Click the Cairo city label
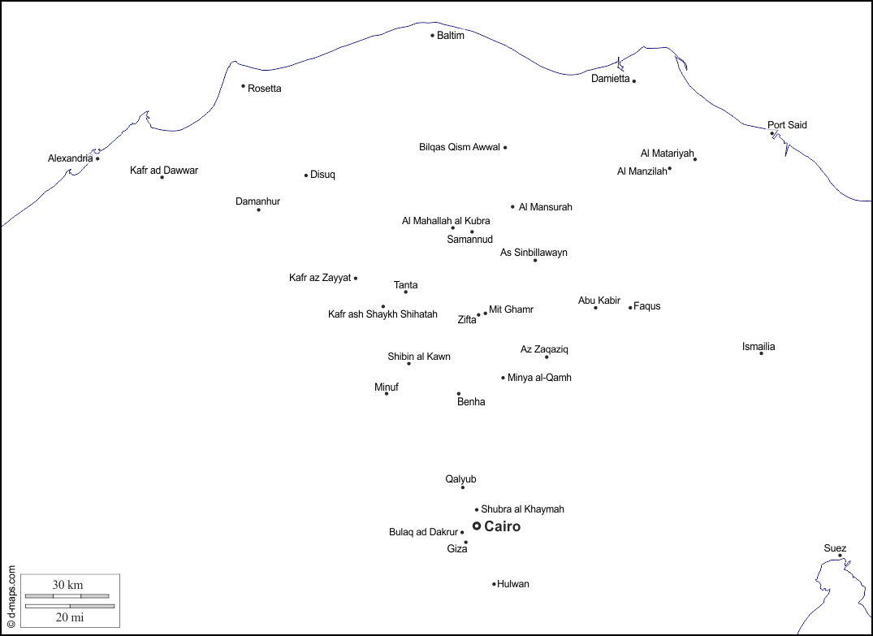[x=503, y=526]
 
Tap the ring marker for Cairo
[x=477, y=526]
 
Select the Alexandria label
[x=70, y=158]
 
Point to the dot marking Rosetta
[x=243, y=86]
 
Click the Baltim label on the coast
[x=451, y=36]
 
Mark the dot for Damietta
[x=634, y=80]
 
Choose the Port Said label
[x=787, y=125]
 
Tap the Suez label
[x=835, y=548]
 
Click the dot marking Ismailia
[x=761, y=353]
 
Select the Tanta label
[x=406, y=285]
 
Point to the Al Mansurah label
[x=546, y=207]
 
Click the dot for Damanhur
[x=259, y=210]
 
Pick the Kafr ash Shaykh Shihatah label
[x=382, y=314]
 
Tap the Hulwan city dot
[x=494, y=583]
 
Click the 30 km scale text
[x=68, y=585]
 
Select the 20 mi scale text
[x=70, y=617]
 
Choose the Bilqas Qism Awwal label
[x=459, y=148]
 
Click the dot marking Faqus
[x=630, y=307]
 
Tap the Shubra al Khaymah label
[x=522, y=509]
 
